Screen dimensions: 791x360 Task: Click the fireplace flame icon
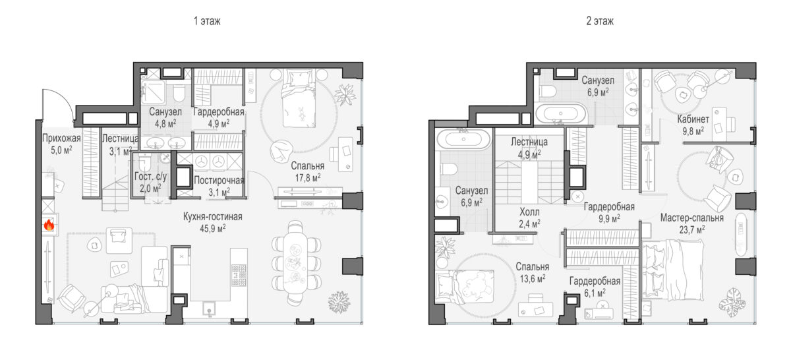tap(49, 224)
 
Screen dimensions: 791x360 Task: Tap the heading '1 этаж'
tap(207, 21)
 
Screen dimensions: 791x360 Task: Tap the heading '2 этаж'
tap(600, 21)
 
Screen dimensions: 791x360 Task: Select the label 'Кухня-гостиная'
tap(212, 216)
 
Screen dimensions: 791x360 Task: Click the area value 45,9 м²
tap(213, 229)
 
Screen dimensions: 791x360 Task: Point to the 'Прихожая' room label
tap(61, 138)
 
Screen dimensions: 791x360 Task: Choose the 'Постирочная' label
tap(219, 181)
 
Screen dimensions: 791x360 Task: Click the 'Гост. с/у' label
tap(151, 176)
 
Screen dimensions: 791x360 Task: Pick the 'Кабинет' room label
tap(693, 119)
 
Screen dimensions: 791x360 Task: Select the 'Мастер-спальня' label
tap(692, 218)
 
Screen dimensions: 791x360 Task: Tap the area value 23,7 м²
tap(692, 230)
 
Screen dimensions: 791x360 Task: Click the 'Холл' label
tap(530, 212)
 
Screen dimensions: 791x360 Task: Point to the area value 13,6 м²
tap(533, 279)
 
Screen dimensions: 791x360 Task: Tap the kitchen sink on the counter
tap(210, 307)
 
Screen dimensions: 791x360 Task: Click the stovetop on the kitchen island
tap(239, 275)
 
